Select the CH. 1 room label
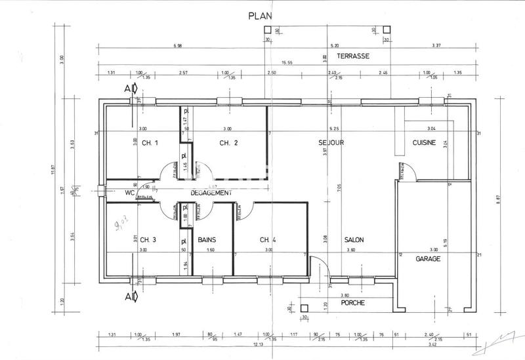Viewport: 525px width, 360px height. click(150, 143)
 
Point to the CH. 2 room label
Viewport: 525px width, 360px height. click(228, 143)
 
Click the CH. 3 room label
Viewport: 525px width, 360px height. click(148, 239)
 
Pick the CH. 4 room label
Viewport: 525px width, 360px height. click(268, 239)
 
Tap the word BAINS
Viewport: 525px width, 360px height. click(207, 239)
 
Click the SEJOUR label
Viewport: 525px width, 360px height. click(332, 143)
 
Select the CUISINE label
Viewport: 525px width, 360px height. click(425, 143)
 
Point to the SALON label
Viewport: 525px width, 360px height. click(354, 239)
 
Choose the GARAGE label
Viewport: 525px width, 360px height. click(428, 258)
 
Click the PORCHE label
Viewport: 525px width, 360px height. click(353, 303)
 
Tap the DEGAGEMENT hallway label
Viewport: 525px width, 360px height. click(211, 193)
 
